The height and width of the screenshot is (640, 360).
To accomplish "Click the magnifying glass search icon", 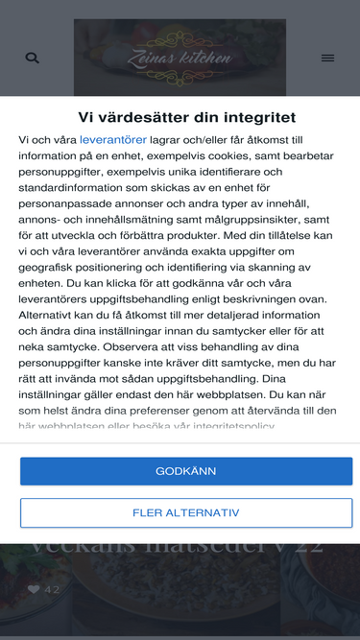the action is pyautogui.click(x=32, y=59).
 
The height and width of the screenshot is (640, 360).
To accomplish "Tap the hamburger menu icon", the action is pyautogui.click(x=327, y=59).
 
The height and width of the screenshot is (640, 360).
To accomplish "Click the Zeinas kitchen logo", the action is pyautogui.click(x=180, y=58).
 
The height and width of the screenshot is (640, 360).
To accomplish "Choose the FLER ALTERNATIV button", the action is pyautogui.click(x=186, y=512).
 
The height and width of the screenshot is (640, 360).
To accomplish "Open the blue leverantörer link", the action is pyautogui.click(x=113, y=139).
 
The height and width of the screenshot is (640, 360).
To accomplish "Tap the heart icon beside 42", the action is pyautogui.click(x=34, y=589).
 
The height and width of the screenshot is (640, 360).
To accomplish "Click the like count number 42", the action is pyautogui.click(x=52, y=589).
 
